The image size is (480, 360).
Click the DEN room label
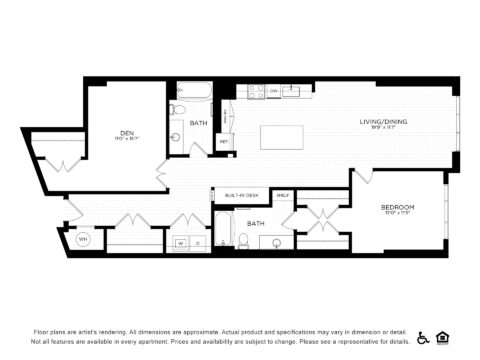pyautogui.click(x=127, y=133)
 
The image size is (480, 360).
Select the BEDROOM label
pyautogui.click(x=398, y=207)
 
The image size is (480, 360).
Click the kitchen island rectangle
pyautogui.click(x=281, y=136)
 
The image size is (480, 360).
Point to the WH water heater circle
pyautogui.click(x=84, y=239)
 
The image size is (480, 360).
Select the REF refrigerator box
pyautogui.click(x=225, y=142)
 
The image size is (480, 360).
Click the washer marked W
pyautogui.click(x=181, y=242)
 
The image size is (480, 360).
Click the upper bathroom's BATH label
pyautogui.click(x=198, y=124)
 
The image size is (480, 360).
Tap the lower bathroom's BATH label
pyautogui.click(x=256, y=223)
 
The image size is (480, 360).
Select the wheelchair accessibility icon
pyautogui.click(x=423, y=337)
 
